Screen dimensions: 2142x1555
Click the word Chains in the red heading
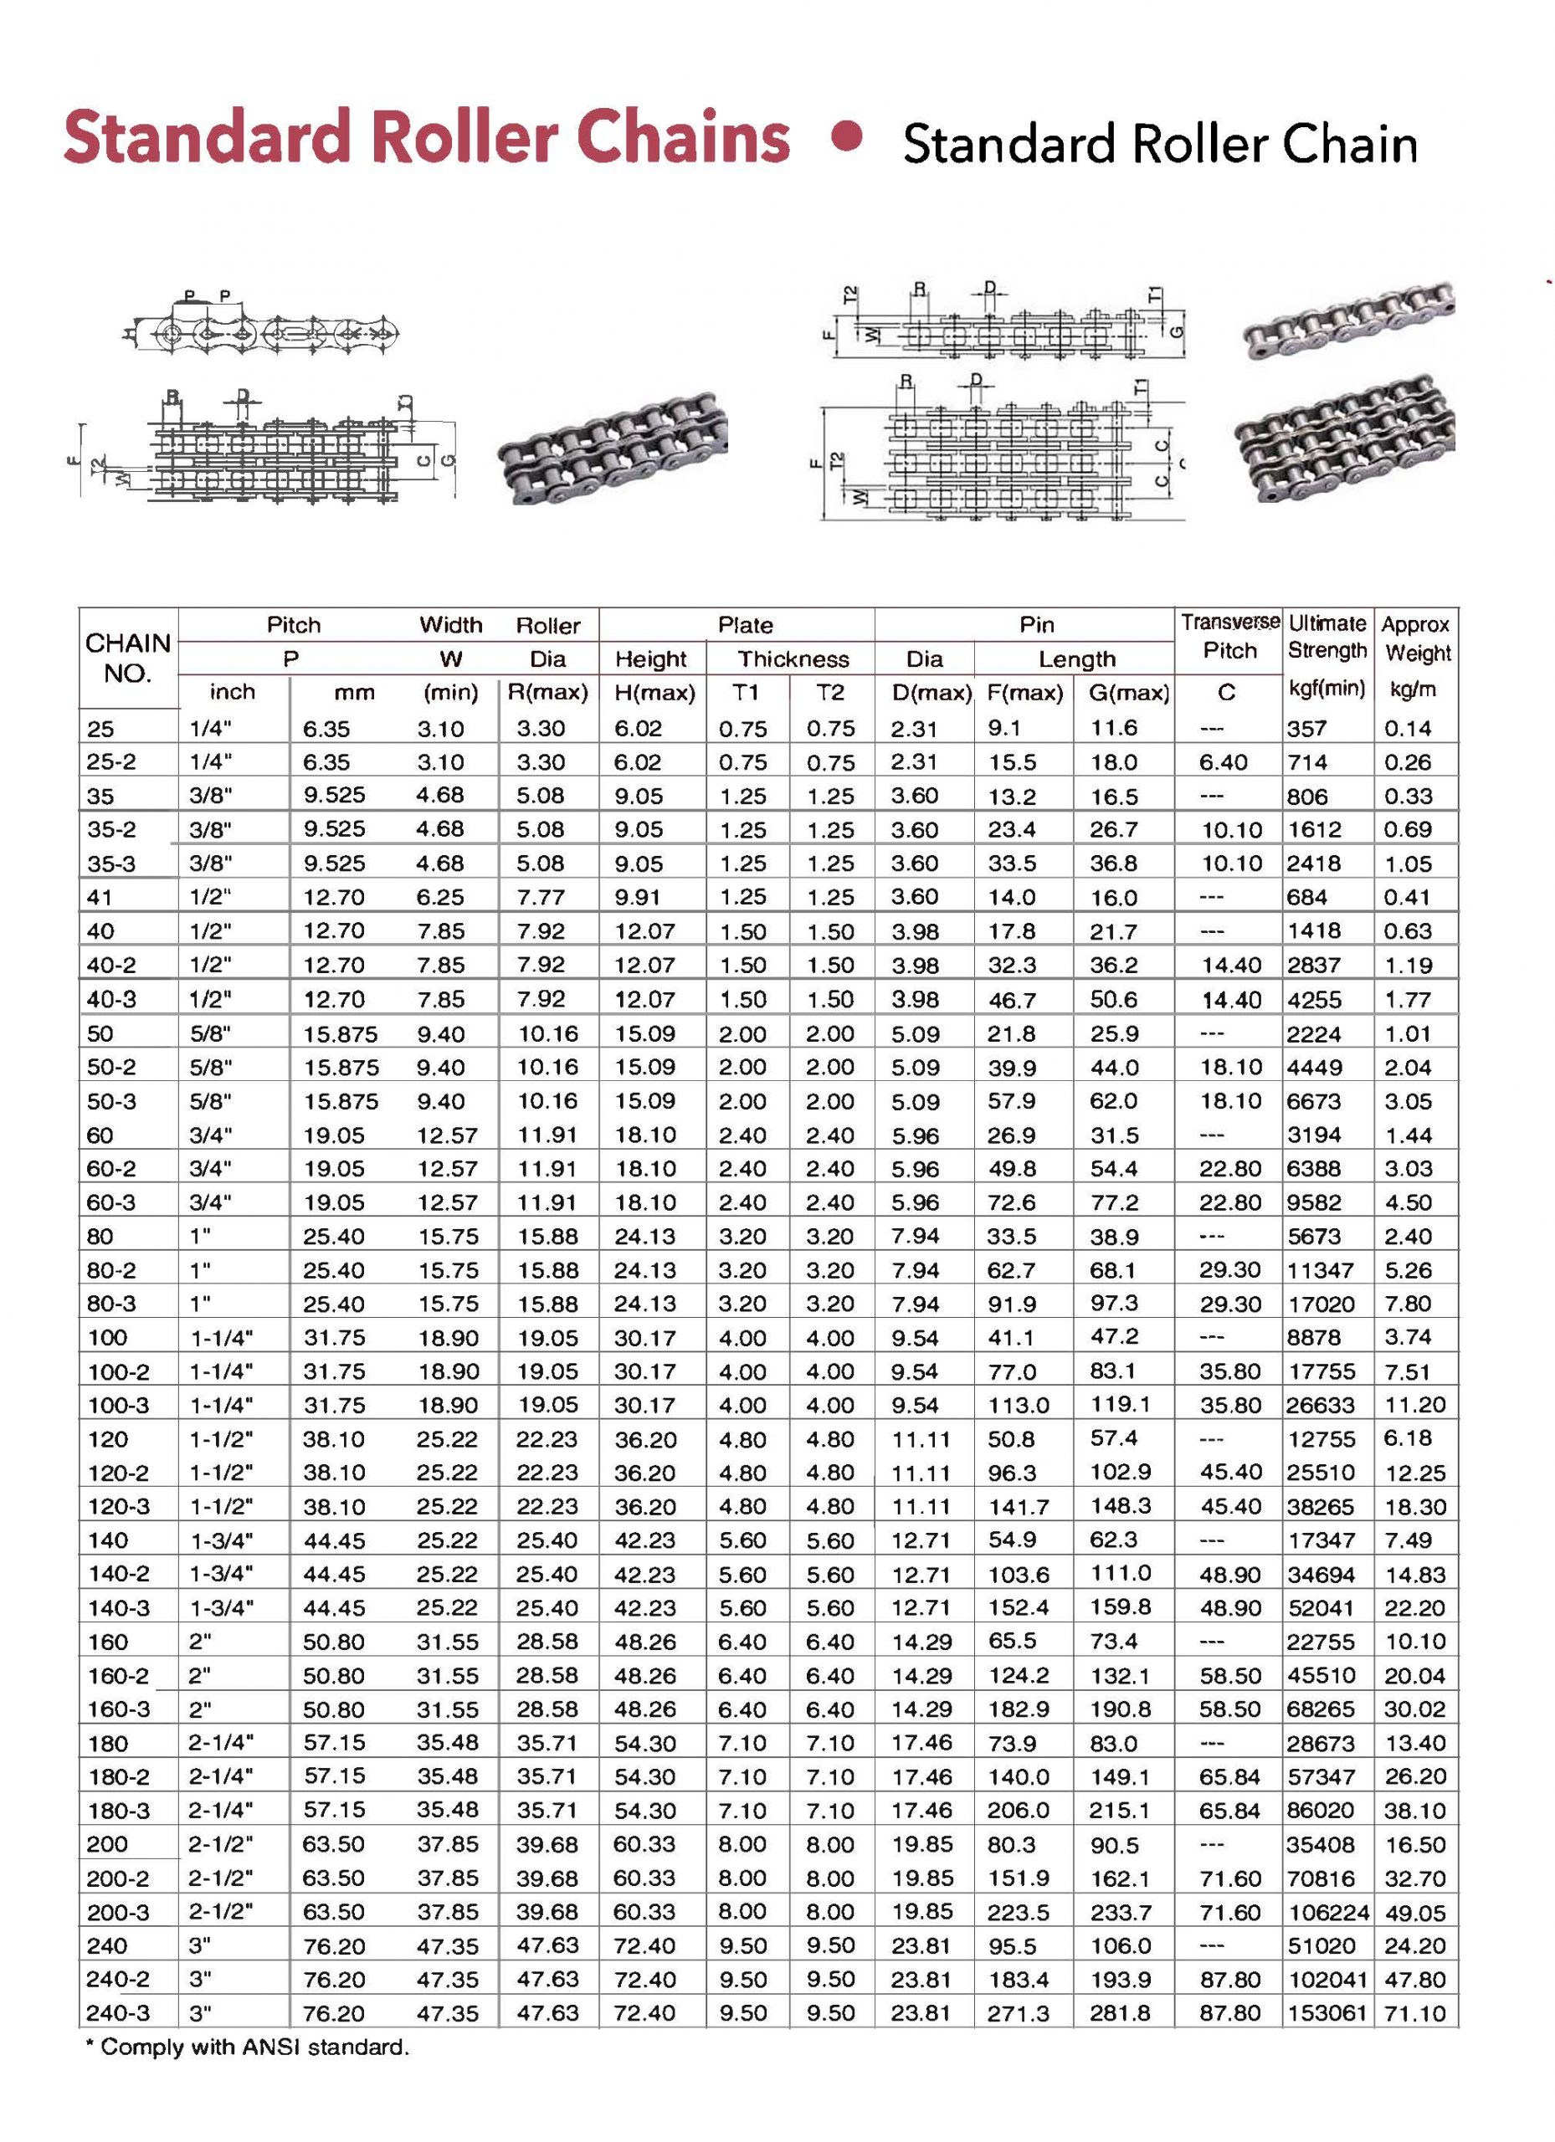683,138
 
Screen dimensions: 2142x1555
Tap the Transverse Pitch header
1230,637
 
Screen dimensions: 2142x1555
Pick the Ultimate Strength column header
1327,637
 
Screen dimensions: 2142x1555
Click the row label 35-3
111,863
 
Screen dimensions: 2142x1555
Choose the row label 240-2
117,1979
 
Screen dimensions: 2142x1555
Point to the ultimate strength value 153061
1328,2012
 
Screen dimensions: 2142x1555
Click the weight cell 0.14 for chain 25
1408,728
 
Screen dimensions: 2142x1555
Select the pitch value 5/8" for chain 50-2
211,1067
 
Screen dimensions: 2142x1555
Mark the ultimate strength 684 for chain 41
1306,897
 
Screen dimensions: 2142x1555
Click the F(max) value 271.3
1019,2012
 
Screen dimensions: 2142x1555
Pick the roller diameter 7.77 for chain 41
541,897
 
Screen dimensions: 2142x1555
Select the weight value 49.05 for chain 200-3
1415,1913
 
